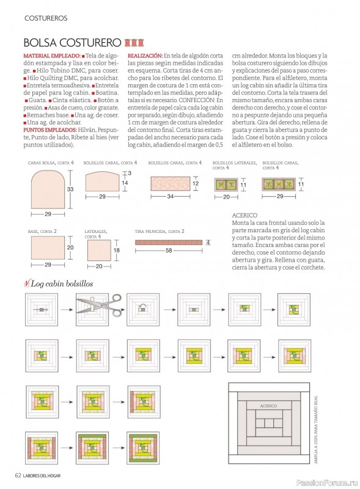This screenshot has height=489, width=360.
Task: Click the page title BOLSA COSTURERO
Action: (72, 42)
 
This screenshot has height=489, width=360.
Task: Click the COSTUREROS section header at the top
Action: (46, 18)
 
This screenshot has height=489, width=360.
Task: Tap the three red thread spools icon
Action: (134, 42)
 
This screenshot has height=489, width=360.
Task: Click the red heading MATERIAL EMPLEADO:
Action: (52, 56)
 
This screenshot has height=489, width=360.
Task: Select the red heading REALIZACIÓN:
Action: (145, 56)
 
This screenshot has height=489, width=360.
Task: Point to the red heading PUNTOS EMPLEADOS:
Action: (50, 130)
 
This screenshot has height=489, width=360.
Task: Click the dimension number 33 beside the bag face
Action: (70, 189)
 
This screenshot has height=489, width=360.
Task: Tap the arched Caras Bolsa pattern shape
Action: (48, 189)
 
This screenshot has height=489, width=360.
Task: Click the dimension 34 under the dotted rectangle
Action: (171, 197)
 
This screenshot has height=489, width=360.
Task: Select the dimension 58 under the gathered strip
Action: (169, 250)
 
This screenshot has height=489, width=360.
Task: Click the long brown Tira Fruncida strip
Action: (169, 242)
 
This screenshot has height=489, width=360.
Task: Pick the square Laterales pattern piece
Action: (99, 250)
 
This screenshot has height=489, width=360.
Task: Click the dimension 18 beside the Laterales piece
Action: (117, 250)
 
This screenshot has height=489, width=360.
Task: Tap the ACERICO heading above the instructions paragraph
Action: (244, 215)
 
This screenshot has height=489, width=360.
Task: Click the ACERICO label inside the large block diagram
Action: (268, 406)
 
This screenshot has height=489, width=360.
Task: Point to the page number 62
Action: (18, 476)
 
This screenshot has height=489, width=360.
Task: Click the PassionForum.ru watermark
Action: (327, 483)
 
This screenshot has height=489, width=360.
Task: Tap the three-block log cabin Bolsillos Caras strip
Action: (279, 185)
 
